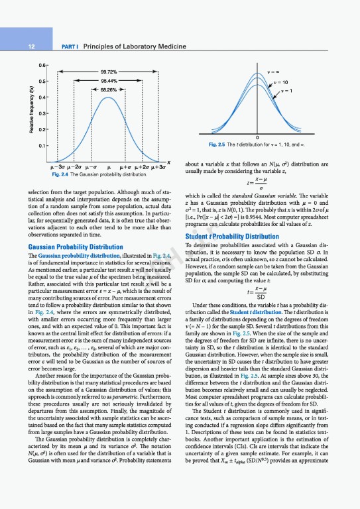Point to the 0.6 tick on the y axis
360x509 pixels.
coord(41,65)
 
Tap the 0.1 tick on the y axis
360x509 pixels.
coord(41,145)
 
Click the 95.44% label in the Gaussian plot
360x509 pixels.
coord(109,81)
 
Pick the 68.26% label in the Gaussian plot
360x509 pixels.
coord(109,90)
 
